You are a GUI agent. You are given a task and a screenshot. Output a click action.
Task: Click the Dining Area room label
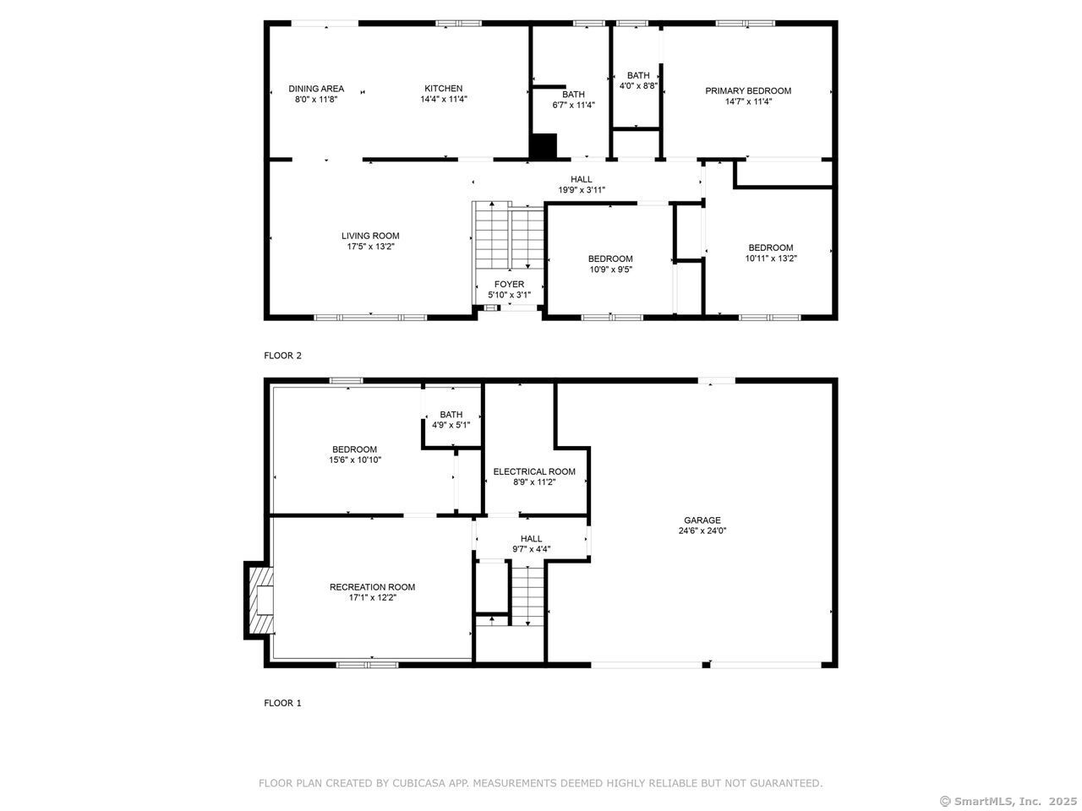pyautogui.click(x=316, y=89)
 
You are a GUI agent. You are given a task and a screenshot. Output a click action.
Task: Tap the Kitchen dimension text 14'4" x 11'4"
pyautogui.click(x=443, y=99)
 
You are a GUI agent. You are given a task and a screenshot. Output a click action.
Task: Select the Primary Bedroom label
pyautogui.click(x=748, y=91)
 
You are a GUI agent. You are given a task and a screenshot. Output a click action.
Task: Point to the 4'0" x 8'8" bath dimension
pyautogui.click(x=638, y=85)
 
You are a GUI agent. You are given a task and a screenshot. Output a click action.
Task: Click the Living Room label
pyautogui.click(x=370, y=236)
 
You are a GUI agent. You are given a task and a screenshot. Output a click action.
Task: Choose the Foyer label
pyautogui.click(x=509, y=284)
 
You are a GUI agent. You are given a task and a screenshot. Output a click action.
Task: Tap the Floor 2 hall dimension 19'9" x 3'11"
pyautogui.click(x=582, y=190)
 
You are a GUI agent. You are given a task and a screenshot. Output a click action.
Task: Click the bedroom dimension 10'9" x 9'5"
pyautogui.click(x=610, y=269)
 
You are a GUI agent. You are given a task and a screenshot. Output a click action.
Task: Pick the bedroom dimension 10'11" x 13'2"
pyautogui.click(x=770, y=259)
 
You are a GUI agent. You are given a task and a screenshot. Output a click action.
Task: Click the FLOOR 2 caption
pyautogui.click(x=282, y=356)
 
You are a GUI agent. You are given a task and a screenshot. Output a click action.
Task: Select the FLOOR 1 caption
pyautogui.click(x=282, y=703)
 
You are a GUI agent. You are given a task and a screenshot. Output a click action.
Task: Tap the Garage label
pyautogui.click(x=702, y=520)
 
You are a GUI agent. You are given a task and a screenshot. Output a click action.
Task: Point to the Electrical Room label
pyautogui.click(x=534, y=471)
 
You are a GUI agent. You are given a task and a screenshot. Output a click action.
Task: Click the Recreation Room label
pyautogui.click(x=372, y=587)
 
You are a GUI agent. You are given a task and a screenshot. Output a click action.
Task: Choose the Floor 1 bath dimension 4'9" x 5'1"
pyautogui.click(x=451, y=425)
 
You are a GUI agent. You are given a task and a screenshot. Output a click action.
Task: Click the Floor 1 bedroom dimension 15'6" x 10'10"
pyautogui.click(x=355, y=460)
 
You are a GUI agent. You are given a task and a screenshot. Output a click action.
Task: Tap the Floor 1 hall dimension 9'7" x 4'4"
pyautogui.click(x=531, y=549)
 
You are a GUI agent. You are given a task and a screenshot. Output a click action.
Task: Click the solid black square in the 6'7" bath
pyautogui.click(x=544, y=146)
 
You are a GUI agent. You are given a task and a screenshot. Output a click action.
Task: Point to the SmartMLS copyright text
pyautogui.click(x=1008, y=801)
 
